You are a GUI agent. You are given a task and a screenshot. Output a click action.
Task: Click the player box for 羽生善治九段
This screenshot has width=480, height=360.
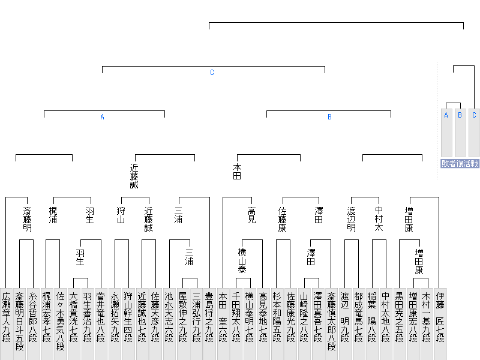87,324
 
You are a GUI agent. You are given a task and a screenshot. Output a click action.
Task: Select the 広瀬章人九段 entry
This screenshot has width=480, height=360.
6,324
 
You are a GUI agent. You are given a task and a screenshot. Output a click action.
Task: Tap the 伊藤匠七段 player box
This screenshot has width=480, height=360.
440,324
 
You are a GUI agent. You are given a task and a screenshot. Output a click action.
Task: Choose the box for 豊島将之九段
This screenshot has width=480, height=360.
209,324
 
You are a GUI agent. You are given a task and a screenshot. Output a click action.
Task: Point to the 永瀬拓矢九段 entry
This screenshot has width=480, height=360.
115,324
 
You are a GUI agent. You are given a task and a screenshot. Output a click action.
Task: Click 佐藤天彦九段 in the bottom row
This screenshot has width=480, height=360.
155,324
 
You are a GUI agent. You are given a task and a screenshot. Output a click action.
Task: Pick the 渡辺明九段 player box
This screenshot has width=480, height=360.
345,324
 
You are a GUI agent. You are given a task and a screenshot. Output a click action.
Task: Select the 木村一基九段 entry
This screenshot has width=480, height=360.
427,324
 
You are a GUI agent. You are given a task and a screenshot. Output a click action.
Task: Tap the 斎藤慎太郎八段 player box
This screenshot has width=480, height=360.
331,324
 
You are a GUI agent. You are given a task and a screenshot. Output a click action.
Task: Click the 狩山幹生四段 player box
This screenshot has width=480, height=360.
128,324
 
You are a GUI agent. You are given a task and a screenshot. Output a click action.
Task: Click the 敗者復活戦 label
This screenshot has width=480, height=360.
460,163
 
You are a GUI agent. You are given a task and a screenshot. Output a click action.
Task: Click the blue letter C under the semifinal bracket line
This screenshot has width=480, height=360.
212,73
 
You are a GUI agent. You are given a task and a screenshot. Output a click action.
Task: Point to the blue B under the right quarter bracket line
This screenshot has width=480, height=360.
329,117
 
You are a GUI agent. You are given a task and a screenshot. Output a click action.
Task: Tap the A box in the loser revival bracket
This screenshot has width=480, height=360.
446,133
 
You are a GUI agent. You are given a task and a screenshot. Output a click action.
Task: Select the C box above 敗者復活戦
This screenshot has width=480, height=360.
474,133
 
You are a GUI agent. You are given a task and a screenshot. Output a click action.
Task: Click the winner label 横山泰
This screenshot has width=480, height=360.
242,260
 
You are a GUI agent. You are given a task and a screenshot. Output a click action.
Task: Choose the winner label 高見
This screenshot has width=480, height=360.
251,215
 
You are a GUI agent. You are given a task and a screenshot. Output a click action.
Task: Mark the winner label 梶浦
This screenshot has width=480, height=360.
53,215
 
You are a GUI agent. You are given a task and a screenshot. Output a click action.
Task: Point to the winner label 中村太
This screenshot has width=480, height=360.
379,218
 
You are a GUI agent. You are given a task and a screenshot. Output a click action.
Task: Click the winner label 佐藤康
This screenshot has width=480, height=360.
282,219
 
